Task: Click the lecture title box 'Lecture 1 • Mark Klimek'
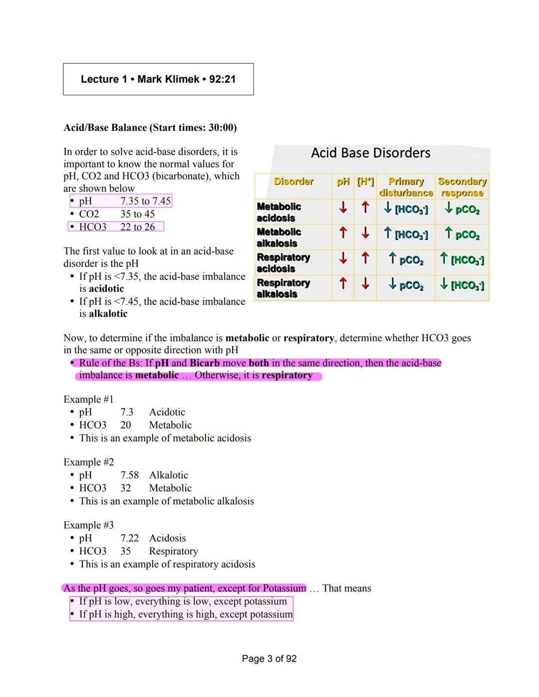[158, 79]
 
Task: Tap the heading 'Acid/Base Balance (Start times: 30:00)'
[150, 128]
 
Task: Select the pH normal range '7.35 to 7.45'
[145, 201]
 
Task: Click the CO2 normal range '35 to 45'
[137, 214]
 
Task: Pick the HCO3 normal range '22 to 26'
[137, 227]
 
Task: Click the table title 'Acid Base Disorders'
[370, 153]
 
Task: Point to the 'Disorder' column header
[293, 182]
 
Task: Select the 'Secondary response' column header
[462, 187]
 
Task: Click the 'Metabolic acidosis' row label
[278, 212]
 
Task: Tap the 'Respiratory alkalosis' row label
[283, 288]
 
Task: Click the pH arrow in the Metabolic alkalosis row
[343, 232]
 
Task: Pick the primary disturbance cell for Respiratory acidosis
[406, 259]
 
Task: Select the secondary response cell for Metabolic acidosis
[462, 209]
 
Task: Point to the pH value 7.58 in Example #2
[129, 475]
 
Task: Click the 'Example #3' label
[88, 525]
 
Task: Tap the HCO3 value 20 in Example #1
[126, 425]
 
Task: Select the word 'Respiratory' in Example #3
[173, 551]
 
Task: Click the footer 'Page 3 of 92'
[269, 659]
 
